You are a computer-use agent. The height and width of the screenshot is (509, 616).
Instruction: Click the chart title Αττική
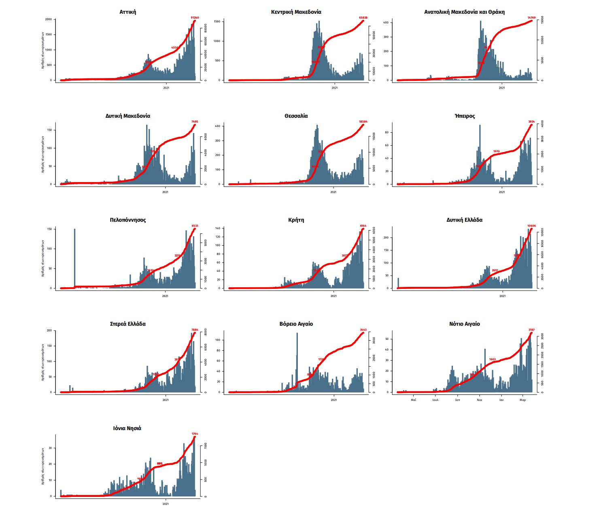click(128, 12)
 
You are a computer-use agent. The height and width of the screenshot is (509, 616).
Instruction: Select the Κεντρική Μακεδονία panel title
click(296, 12)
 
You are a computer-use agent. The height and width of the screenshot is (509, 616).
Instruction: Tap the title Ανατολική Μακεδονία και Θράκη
click(464, 12)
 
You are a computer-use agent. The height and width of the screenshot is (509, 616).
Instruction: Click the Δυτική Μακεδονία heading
click(128, 116)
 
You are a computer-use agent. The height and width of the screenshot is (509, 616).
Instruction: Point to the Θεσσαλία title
click(296, 116)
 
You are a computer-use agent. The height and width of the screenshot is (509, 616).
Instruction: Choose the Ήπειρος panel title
click(465, 116)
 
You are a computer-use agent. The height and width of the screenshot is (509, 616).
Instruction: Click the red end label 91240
click(195, 18)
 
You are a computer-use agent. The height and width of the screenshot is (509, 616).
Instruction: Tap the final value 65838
click(363, 18)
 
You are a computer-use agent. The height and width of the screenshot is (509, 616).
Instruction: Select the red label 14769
click(531, 18)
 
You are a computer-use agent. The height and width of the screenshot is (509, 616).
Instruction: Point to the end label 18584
click(363, 122)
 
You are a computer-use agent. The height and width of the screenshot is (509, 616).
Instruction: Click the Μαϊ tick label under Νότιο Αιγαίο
click(413, 400)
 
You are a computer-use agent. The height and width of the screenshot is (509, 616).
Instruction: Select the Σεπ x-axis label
click(457, 400)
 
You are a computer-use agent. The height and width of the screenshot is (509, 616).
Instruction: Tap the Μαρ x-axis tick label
click(523, 400)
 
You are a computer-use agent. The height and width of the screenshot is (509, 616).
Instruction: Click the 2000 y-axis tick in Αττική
click(49, 19)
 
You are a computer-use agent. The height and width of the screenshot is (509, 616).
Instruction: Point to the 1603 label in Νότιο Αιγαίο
click(492, 359)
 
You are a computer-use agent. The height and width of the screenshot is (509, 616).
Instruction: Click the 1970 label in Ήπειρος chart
click(496, 152)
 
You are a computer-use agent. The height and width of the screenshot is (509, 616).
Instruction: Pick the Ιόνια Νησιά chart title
click(127, 428)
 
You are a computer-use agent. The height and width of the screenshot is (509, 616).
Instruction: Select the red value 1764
click(195, 434)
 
